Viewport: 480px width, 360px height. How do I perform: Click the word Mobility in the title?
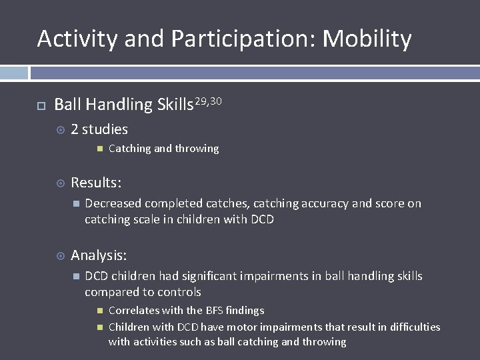click(367, 39)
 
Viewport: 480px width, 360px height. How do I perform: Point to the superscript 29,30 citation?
click(208, 101)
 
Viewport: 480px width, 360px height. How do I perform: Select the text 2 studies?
click(99, 129)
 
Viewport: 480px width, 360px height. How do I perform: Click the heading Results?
click(96, 182)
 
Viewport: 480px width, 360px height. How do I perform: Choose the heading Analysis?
click(99, 255)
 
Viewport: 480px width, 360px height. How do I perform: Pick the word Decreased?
click(113, 203)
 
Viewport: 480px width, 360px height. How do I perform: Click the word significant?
click(223, 276)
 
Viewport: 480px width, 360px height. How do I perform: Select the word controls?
click(180, 292)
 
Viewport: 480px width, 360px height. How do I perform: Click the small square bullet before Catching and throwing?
click(99, 149)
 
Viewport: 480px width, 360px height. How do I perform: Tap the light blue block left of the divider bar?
click(14, 73)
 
